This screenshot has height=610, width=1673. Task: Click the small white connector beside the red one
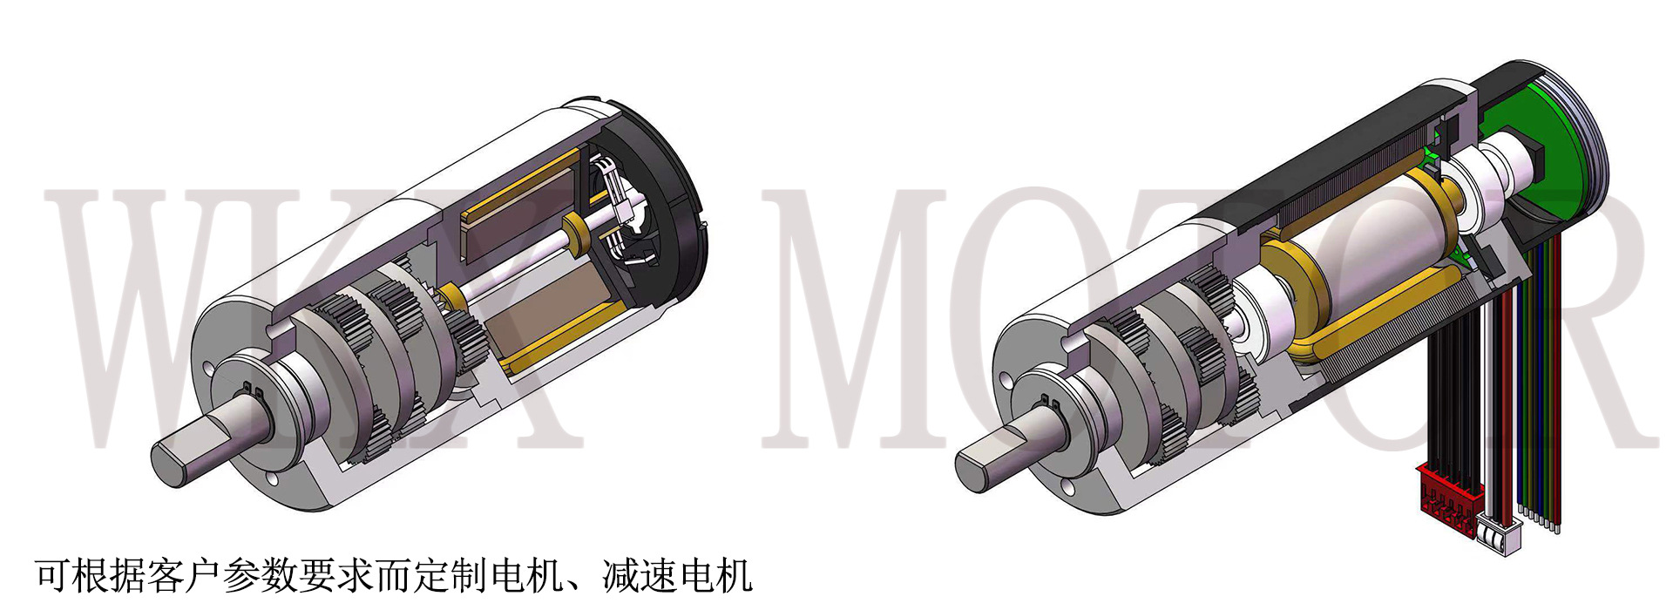point(1499,531)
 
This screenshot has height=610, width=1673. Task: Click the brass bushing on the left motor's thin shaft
point(576,230)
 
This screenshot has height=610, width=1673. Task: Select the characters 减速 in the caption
point(640,576)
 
